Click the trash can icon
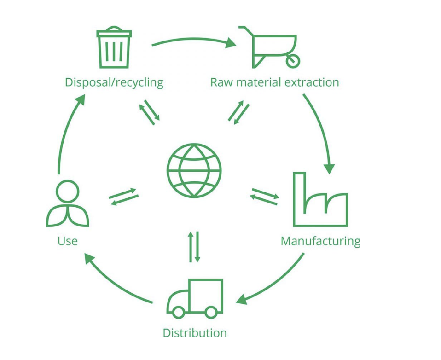tap(114, 48)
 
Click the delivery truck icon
tap(195, 298)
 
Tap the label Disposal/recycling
tap(114, 82)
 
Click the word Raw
tap(220, 82)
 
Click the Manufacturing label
tap(320, 241)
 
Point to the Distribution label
tap(195, 332)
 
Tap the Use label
tap(67, 241)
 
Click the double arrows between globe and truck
tap(194, 247)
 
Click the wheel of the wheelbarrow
tap(293, 60)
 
